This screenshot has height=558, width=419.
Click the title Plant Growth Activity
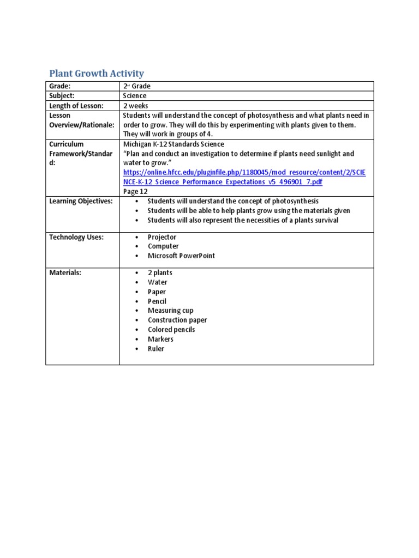97,73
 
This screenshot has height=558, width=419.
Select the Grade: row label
60,86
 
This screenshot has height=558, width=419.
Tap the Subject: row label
63,96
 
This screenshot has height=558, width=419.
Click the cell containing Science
135,96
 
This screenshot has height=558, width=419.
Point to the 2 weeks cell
135,106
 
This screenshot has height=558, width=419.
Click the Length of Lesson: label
76,106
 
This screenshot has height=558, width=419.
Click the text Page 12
135,191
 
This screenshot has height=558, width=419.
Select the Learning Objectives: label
81,201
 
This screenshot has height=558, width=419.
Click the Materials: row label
65,272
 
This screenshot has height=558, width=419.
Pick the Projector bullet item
162,237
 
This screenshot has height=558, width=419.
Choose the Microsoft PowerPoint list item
181,256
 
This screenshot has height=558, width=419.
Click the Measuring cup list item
170,311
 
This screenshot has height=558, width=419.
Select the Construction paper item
177,320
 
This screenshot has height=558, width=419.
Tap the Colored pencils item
171,330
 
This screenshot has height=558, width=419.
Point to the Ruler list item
156,349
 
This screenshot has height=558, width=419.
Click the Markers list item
160,339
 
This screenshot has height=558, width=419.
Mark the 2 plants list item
160,272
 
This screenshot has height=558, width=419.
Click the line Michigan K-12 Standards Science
173,144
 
